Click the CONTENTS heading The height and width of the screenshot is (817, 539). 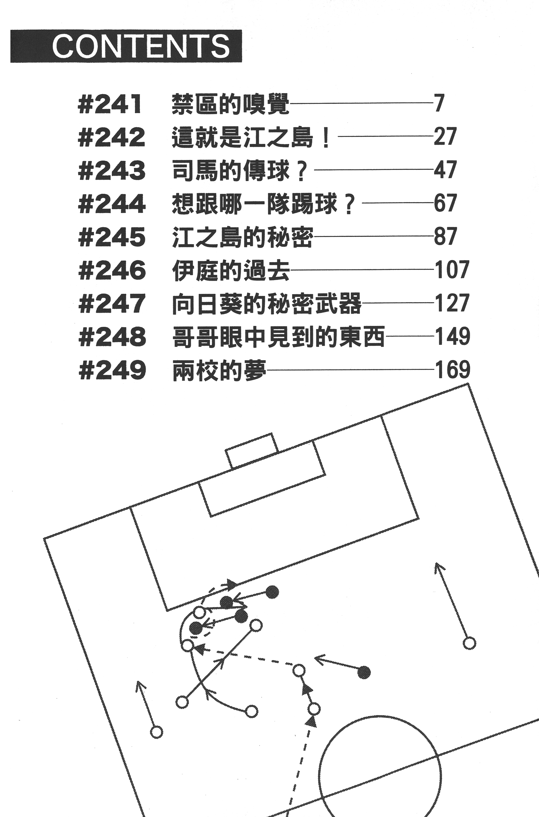click(x=141, y=46)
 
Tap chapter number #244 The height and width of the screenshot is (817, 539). click(x=112, y=204)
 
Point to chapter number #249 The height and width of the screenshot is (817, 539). click(x=112, y=370)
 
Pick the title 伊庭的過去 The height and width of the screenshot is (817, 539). click(x=231, y=270)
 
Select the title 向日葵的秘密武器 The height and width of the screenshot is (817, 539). click(x=267, y=304)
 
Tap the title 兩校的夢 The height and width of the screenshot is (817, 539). click(x=219, y=370)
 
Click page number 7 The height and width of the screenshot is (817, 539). click(x=439, y=103)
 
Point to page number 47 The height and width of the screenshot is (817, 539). click(x=445, y=170)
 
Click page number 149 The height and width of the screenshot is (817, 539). click(x=452, y=336)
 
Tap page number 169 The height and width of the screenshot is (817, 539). click(x=452, y=370)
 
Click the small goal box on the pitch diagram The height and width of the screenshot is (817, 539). click(x=252, y=450)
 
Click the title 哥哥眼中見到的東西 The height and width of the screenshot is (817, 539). click(x=278, y=337)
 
